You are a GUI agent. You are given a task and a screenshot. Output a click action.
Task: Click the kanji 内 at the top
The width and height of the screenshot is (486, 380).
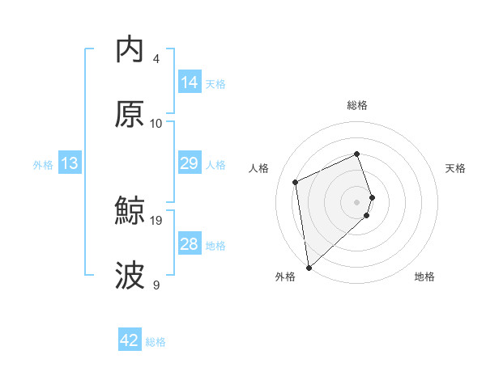[x=130, y=49]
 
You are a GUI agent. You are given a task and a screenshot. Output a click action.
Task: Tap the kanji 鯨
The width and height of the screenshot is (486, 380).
[x=130, y=211]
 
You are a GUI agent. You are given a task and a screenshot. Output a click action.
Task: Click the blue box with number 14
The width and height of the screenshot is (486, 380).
[x=190, y=82]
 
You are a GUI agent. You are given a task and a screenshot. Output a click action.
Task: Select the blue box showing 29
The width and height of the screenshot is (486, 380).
[x=190, y=163]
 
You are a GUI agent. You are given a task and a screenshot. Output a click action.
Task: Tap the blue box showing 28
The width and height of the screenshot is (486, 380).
[x=190, y=244]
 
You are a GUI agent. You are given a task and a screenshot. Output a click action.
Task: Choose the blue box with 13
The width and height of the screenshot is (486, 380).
[x=70, y=163]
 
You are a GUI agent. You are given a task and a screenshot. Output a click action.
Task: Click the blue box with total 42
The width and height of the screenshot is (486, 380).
[x=130, y=340]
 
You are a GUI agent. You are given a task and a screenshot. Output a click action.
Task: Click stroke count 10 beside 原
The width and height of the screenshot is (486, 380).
[x=156, y=123]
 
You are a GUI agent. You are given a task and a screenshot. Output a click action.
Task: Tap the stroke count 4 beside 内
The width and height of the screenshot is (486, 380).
[x=156, y=58]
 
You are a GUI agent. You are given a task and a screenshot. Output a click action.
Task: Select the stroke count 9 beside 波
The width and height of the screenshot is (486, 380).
[x=156, y=285]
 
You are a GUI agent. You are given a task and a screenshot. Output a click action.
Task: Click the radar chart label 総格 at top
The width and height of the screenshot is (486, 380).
[x=357, y=105]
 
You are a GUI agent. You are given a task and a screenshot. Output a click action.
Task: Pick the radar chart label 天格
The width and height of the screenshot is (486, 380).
[x=455, y=168]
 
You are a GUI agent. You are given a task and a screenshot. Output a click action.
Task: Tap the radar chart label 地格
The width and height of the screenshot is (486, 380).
[x=424, y=277]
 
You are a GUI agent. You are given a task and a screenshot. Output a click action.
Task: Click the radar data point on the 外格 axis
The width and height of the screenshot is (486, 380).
[x=309, y=267]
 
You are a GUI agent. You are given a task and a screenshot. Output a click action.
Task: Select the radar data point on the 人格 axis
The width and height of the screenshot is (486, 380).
[x=296, y=181]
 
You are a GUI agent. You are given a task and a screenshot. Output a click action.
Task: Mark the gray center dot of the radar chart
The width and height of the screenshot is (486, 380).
[x=357, y=201]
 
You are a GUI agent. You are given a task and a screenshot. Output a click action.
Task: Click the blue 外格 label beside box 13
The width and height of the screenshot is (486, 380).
[x=43, y=164]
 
